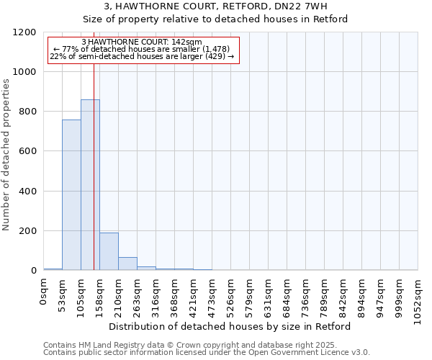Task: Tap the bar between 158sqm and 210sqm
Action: (109, 251)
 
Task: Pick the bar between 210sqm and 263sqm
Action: (127, 264)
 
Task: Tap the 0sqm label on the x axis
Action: (44, 292)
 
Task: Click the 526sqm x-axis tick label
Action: (231, 295)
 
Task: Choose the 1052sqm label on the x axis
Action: (418, 298)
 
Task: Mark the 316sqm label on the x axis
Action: (156, 295)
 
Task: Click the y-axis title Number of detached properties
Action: (6, 155)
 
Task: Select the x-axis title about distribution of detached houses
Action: (234, 326)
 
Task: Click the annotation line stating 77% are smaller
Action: (142, 49)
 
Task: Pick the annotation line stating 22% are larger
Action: (142, 56)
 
